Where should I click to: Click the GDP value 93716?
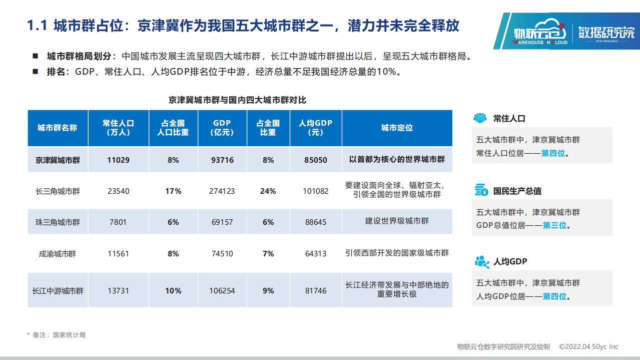point(223,160)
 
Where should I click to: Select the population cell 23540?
point(118,191)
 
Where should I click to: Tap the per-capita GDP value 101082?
point(316,191)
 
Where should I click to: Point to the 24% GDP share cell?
point(268,191)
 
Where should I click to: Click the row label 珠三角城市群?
point(58,222)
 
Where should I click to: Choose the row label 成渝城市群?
point(58,253)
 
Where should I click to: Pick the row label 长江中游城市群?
point(58,290)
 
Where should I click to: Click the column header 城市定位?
point(397,128)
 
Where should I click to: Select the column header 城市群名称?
point(58,128)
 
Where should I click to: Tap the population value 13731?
point(118,290)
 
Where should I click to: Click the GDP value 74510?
point(223,253)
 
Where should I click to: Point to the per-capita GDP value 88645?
point(316,222)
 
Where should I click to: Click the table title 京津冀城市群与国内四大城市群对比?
point(237,100)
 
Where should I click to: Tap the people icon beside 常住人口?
point(480,118)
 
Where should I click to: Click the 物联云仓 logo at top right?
point(538,33)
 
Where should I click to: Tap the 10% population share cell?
point(173,290)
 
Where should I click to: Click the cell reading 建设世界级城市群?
point(397,221)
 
